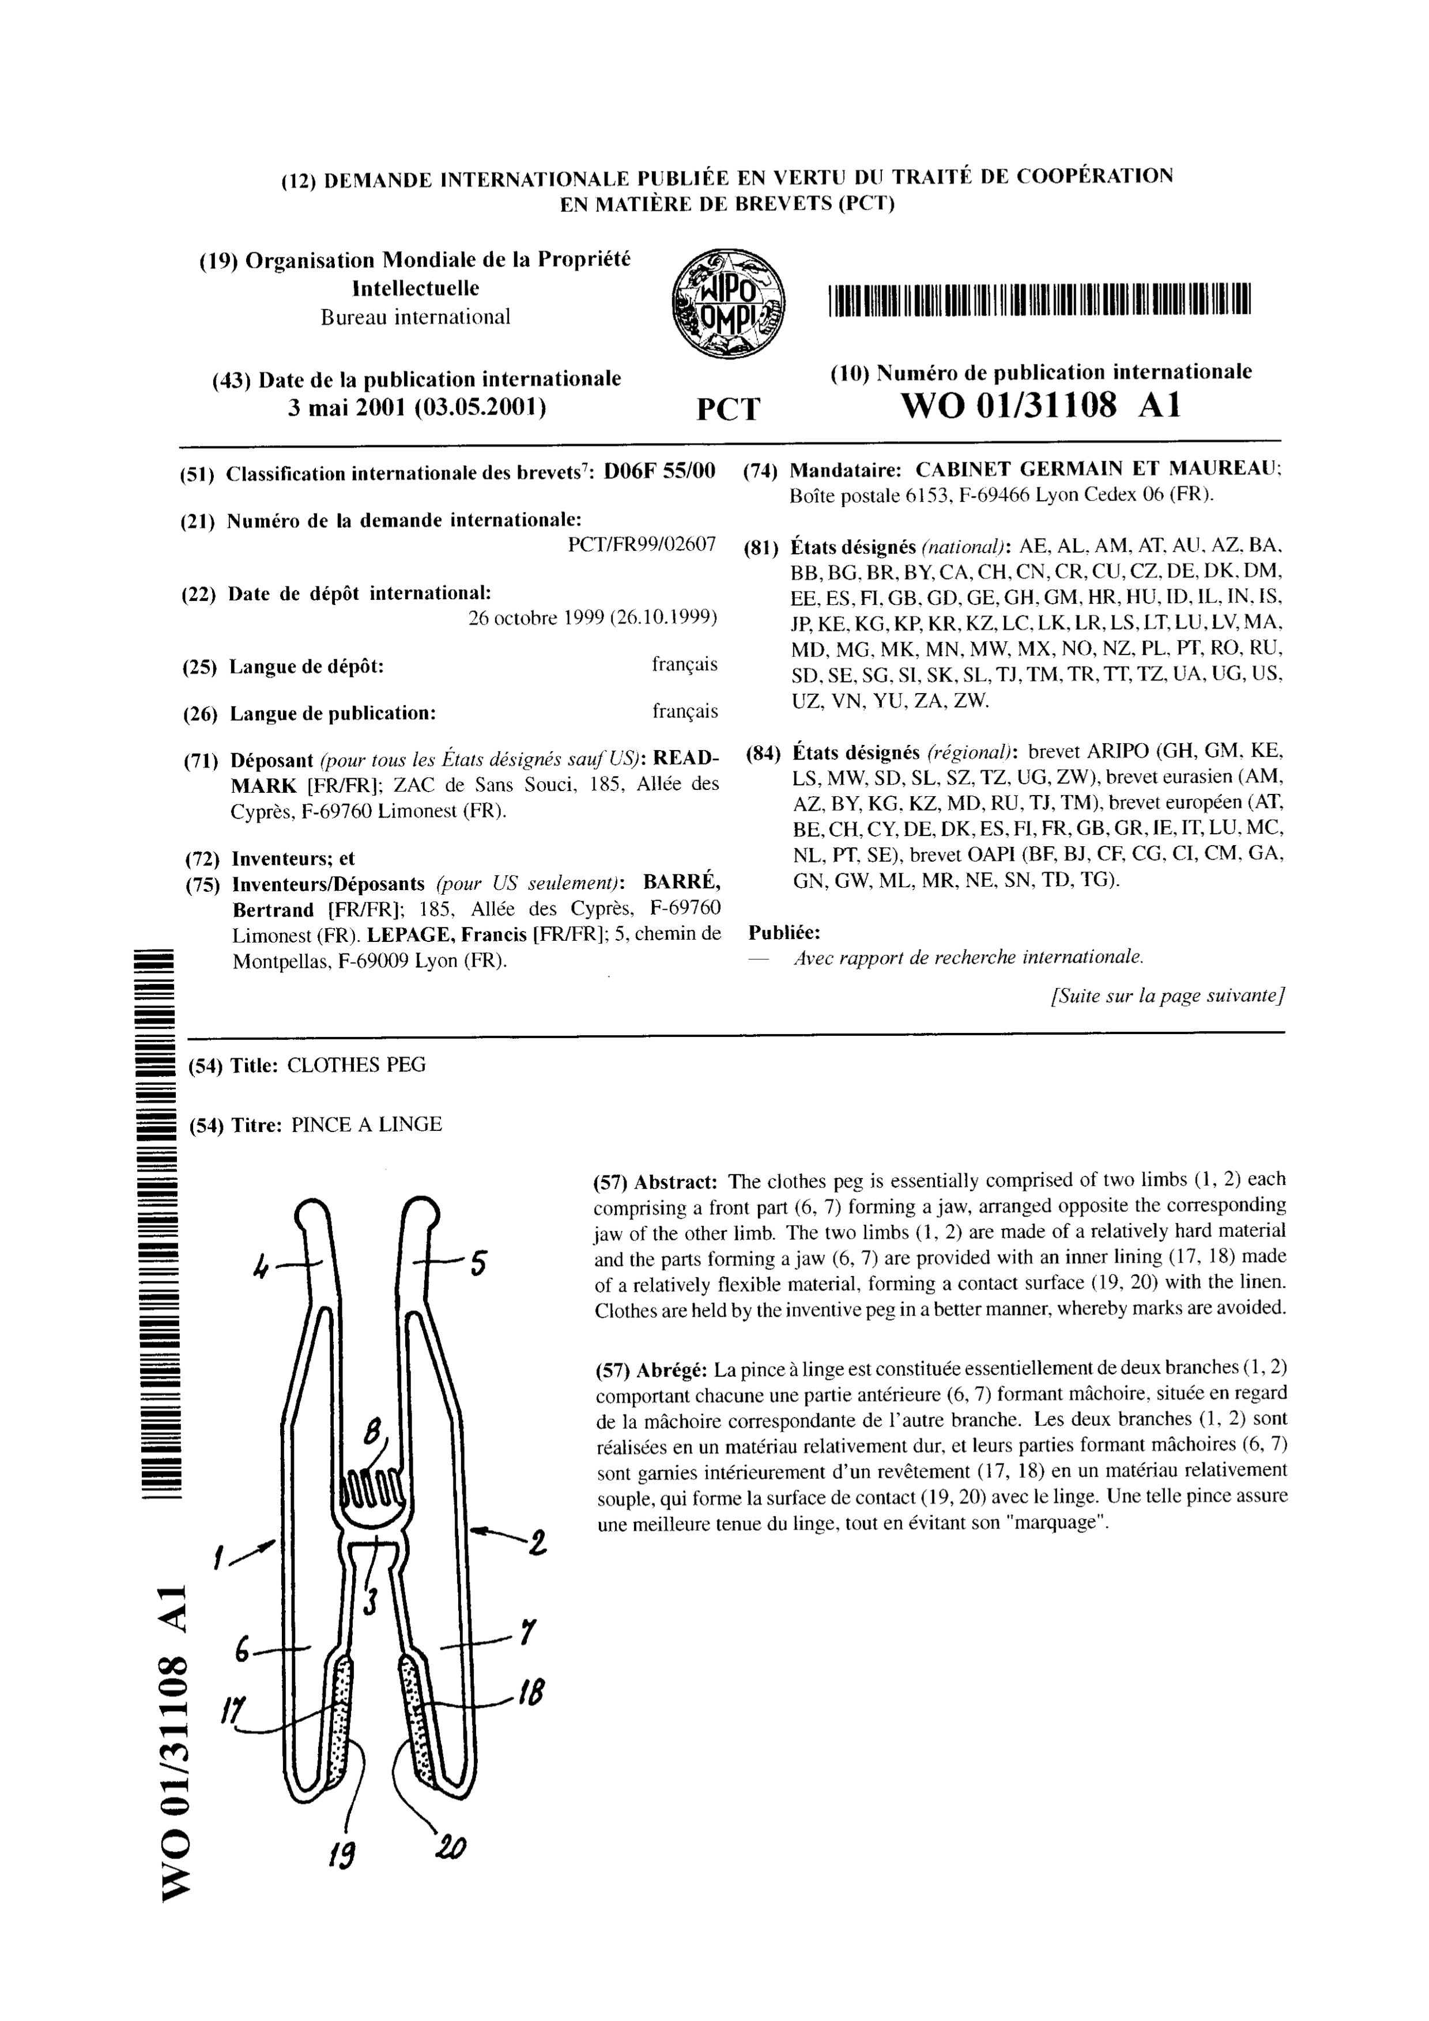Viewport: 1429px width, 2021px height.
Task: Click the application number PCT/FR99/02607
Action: (642, 544)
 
